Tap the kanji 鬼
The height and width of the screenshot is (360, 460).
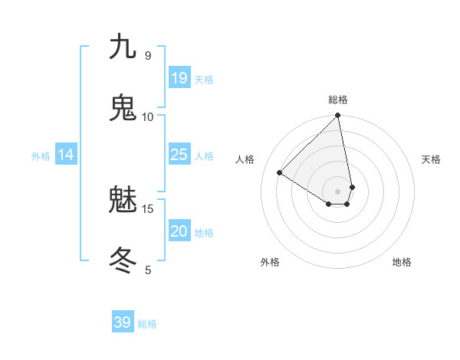coord(123,108)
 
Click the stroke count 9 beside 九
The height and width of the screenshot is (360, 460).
coord(148,55)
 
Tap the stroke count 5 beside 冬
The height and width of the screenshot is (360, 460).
coord(148,270)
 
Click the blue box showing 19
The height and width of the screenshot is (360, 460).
coord(179,78)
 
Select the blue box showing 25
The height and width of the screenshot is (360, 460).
coord(179,155)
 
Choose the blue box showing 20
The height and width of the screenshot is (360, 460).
coord(179,231)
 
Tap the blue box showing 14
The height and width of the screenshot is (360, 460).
coord(66,155)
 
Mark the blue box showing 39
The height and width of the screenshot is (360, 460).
coord(123,322)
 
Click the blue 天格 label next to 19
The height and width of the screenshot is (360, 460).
coord(204,80)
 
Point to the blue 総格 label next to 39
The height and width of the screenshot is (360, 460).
coord(147,324)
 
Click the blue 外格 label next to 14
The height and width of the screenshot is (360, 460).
coord(41,156)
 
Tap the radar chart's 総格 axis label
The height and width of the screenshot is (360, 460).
coord(338,100)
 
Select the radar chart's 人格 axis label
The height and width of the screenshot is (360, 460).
coord(245,159)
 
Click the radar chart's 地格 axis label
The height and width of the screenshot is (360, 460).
coord(402,262)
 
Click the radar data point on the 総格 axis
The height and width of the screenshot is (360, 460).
coord(338,116)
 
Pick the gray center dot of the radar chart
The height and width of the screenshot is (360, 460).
coord(338,191)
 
